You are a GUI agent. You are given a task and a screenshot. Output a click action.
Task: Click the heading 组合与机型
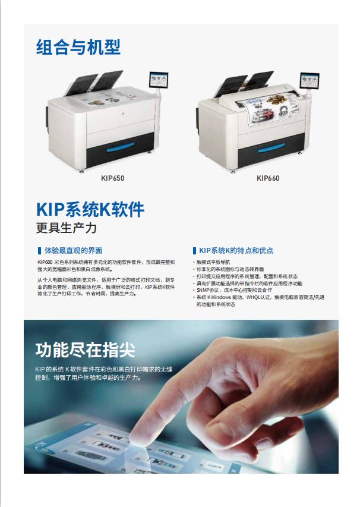(x=78, y=47)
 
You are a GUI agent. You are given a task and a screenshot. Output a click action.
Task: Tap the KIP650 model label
(x=112, y=178)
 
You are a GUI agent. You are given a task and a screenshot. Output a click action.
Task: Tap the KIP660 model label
(x=268, y=178)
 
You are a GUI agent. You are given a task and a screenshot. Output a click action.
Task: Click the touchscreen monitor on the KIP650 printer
(x=159, y=80)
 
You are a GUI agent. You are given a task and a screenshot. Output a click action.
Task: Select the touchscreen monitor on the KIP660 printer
(x=310, y=80)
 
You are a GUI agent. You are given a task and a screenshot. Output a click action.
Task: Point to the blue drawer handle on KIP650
(x=120, y=147)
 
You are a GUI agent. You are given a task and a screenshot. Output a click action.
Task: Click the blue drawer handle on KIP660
(x=271, y=148)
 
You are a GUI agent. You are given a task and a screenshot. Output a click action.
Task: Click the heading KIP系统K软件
(x=90, y=210)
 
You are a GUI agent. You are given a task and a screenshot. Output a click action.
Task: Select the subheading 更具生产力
(x=67, y=228)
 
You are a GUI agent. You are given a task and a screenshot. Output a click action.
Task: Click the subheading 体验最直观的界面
(x=73, y=251)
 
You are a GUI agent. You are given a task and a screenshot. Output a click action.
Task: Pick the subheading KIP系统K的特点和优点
(x=236, y=251)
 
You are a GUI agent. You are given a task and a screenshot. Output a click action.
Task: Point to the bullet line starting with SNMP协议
(x=233, y=290)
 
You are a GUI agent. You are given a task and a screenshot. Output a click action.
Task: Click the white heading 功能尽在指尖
(x=85, y=350)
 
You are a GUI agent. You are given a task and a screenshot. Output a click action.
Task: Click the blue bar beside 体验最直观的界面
(x=39, y=251)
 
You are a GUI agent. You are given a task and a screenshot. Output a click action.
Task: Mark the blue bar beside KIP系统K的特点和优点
(x=194, y=251)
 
